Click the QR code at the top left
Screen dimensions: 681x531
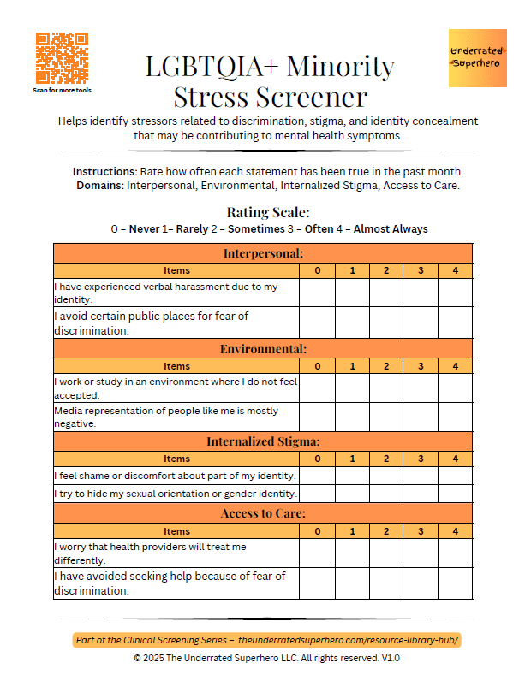tap(62, 58)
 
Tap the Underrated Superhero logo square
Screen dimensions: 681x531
tap(478, 57)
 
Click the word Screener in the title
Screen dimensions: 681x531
tap(312, 96)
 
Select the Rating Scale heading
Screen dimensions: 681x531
tap(268, 212)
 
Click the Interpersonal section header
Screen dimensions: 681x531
tap(263, 253)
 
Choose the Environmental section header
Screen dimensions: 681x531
tap(263, 349)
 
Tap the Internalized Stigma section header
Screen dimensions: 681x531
tap(263, 441)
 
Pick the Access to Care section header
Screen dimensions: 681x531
tap(263, 513)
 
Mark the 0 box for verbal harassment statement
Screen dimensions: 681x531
tap(317, 293)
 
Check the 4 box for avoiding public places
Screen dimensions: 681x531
tap(455, 323)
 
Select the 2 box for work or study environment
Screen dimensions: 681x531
tap(386, 388)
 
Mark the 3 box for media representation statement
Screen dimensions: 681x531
tap(421, 417)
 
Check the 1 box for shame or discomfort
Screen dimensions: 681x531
tap(352, 475)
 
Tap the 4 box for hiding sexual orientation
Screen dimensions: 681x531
tap(455, 493)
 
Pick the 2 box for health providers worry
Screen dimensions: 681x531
tap(386, 553)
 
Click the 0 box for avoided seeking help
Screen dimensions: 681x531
tap(317, 583)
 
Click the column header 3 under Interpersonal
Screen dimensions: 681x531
tap(421, 270)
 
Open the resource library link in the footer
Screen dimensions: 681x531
tap(354, 640)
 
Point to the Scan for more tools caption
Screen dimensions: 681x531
tap(62, 90)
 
